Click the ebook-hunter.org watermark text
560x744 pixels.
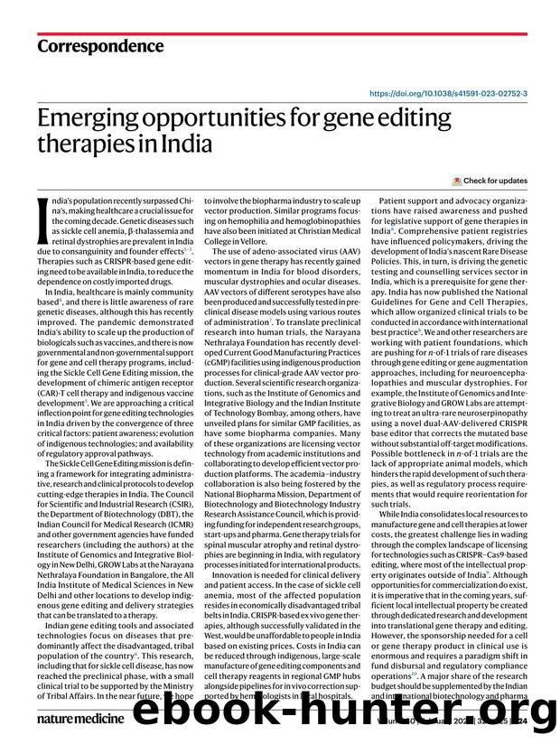(x=352, y=712)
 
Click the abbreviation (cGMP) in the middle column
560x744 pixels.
(x=222, y=373)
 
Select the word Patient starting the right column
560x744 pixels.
(x=397, y=200)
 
